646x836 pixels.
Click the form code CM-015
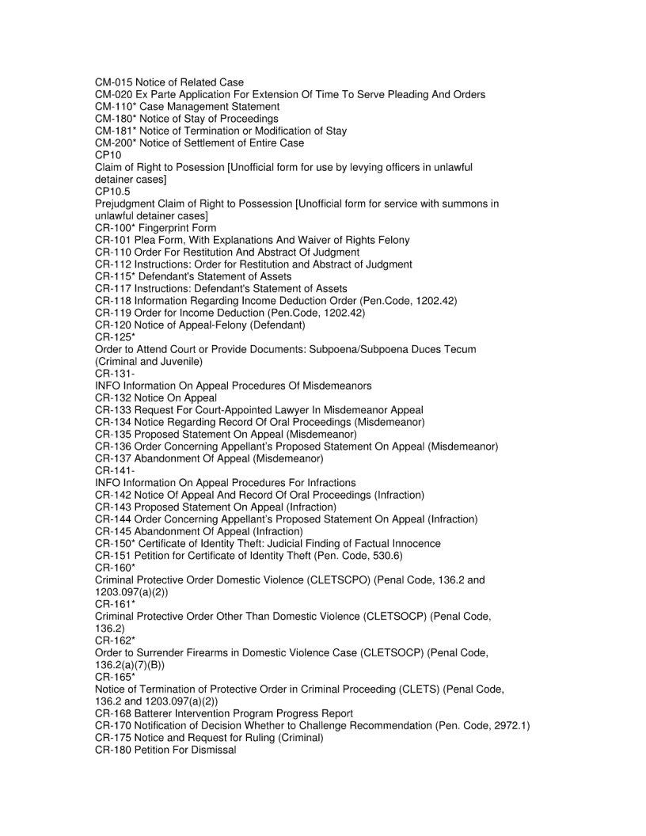pyautogui.click(x=113, y=82)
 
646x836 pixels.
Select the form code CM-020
pyautogui.click(x=113, y=94)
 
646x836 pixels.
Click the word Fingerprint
pyautogui.click(x=162, y=228)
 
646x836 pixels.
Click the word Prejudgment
pyautogui.click(x=127, y=203)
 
